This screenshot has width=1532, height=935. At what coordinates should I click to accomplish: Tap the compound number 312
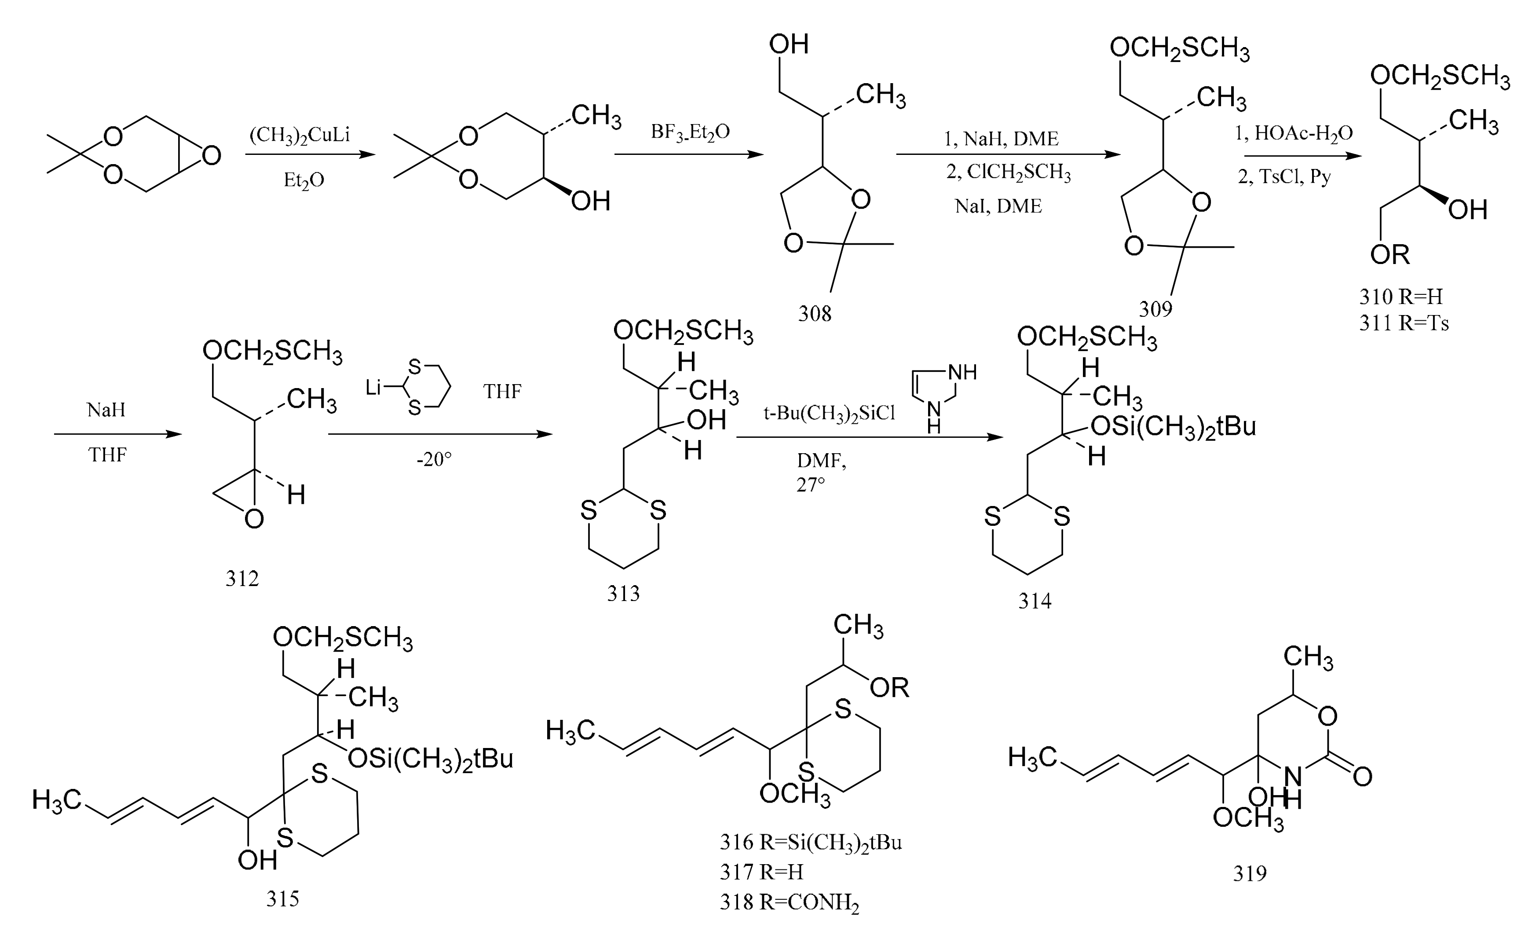[x=242, y=579]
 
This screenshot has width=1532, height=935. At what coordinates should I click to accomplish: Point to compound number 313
[x=623, y=594]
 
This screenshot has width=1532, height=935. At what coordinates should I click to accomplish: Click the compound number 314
[x=1035, y=601]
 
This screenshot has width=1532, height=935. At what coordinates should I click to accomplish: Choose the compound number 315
[x=282, y=899]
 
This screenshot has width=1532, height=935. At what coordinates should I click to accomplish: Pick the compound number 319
[x=1250, y=873]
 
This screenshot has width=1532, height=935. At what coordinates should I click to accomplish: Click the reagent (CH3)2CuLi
[x=300, y=135]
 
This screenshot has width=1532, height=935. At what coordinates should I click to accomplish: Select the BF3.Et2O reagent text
[x=690, y=132]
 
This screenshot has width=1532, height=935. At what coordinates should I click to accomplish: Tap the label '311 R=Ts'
[x=1404, y=323]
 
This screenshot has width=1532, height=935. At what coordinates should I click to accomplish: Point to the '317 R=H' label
[x=762, y=872]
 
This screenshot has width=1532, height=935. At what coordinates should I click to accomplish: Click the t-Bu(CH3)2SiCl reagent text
[x=830, y=414]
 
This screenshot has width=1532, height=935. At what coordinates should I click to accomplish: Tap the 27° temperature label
[x=811, y=484]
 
